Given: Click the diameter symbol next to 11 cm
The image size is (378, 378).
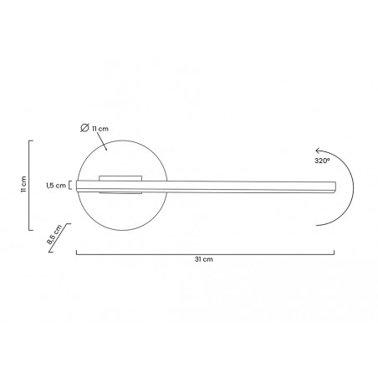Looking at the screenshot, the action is (x=84, y=128).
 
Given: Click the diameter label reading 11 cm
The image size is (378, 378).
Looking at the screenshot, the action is (x=100, y=129).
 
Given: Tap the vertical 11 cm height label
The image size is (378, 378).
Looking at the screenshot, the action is (x=23, y=185).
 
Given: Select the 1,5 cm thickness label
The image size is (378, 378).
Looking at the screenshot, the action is (x=56, y=186).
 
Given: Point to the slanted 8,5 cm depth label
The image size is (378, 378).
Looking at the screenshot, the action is (x=54, y=234).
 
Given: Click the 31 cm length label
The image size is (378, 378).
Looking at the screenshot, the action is (x=204, y=259).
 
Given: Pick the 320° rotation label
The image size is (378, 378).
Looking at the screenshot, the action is (x=322, y=161).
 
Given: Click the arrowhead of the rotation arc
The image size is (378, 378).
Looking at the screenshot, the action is (x=318, y=151).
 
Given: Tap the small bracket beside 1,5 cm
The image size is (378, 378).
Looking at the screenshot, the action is (x=70, y=185).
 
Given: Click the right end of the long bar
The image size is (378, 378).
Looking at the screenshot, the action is (x=335, y=186).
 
